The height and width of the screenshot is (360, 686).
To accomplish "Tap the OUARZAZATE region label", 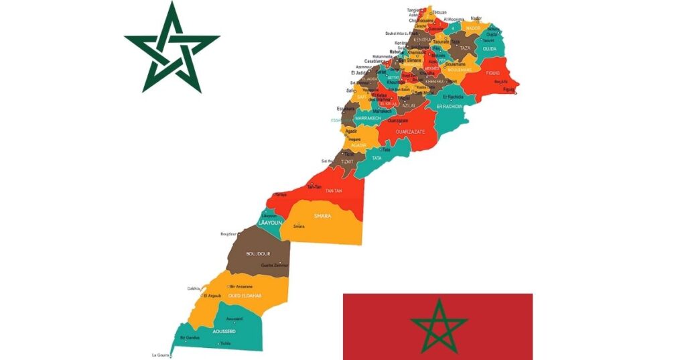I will coord(411,132).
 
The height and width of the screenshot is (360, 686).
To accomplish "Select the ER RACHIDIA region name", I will coord(449,106).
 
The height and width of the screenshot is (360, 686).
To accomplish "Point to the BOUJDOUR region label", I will coord(257,253).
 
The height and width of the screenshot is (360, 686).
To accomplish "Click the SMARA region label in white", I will coord(323,216).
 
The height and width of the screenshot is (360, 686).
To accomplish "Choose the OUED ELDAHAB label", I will coord(245,296).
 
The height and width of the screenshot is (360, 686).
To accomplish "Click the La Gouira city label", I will coord(161,355).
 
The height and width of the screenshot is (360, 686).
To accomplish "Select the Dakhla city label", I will coord(194,289).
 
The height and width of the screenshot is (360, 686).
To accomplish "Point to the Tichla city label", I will coord(226,343).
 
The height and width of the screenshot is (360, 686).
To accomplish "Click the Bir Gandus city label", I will coord(190,337).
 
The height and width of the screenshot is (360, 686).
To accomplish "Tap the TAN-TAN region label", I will coord(334,191).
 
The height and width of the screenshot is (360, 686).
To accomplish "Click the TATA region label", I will coord(377,159).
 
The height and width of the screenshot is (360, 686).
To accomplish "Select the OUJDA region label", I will coord(490,48).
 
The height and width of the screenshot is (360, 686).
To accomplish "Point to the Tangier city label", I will coord(414,10).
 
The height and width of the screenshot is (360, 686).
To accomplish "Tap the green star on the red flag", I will coord(438,326).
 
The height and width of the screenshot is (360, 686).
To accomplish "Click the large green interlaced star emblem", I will coord(172,48).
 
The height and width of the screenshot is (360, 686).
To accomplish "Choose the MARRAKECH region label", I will coord(368,118).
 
